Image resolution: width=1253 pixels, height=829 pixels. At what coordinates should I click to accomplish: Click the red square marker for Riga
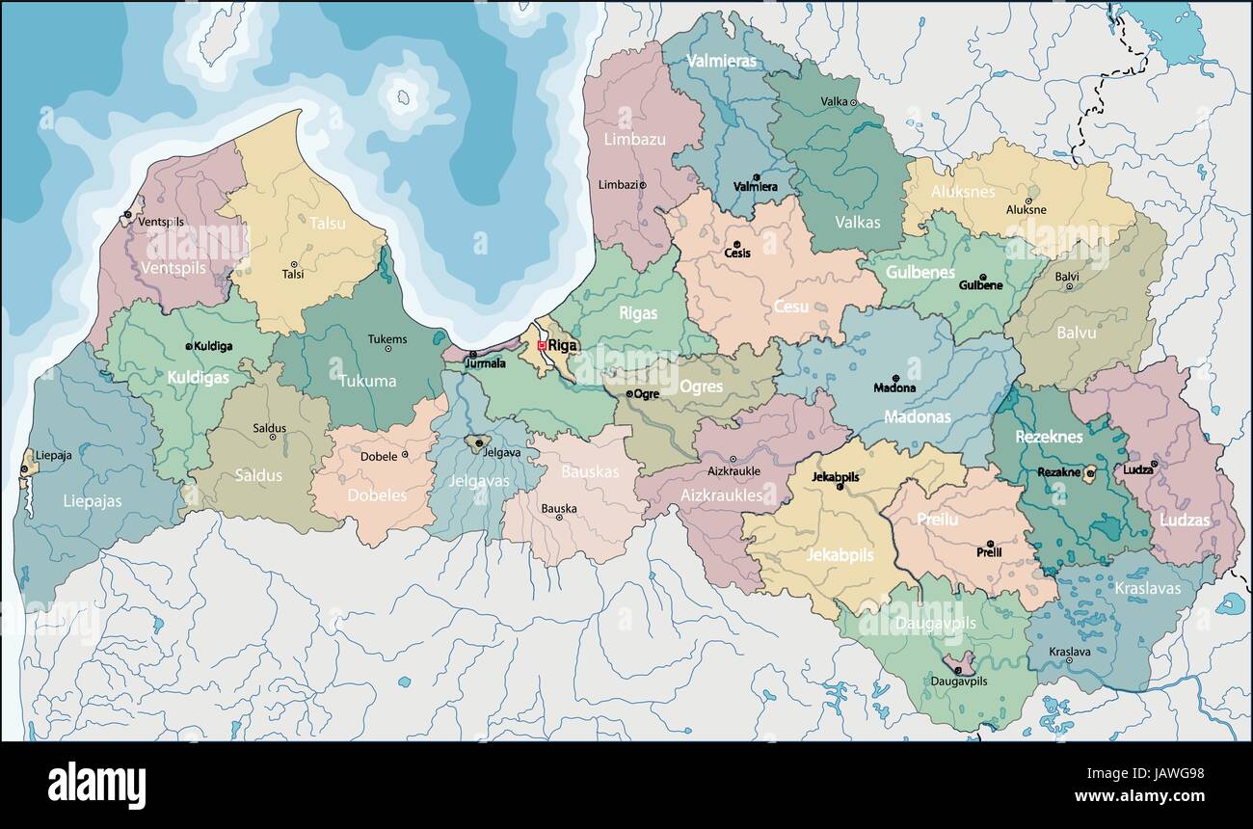point(542,345)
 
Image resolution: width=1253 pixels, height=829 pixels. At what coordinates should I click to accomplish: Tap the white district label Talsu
point(328,223)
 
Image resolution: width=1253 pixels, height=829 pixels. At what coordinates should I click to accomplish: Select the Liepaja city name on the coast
point(53,455)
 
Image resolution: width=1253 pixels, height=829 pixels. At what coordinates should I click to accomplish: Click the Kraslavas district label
point(1147,588)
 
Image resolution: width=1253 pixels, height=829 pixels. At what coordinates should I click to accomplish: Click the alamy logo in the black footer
point(96,785)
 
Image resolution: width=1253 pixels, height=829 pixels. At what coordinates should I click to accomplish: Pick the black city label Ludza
point(1137,470)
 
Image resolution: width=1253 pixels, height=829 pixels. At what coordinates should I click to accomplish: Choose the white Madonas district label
point(918,417)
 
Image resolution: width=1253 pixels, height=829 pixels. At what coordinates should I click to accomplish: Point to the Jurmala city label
point(485,363)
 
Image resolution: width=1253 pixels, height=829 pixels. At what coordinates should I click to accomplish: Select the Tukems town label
point(387,339)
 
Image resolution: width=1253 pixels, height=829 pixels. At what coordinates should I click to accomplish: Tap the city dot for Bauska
point(558,518)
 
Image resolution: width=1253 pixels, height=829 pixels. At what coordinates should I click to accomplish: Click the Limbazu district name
point(634,139)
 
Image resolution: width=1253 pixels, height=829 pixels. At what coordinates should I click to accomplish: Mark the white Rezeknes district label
point(1049,437)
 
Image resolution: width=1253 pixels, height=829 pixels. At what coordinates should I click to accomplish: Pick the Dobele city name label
point(379,456)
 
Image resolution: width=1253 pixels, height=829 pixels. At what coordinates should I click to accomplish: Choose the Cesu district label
point(790,307)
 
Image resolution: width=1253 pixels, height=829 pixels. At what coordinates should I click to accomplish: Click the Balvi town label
point(1067,276)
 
